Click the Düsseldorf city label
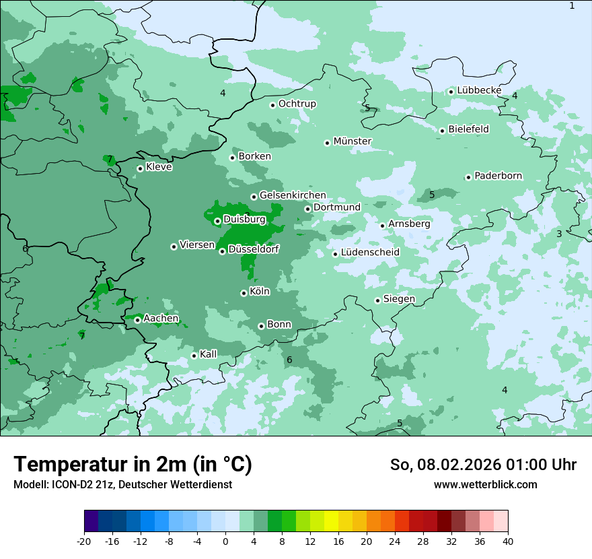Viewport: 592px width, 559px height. point(254,249)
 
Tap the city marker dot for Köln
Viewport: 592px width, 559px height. point(244,293)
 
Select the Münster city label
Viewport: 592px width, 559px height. point(353,141)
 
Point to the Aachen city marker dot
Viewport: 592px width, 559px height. point(137,320)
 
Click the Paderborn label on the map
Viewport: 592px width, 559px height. point(498,176)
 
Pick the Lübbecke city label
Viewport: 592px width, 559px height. point(479,90)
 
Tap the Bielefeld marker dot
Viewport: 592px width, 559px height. point(443,131)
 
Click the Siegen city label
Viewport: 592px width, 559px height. point(399,299)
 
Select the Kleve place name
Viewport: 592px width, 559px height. point(159,167)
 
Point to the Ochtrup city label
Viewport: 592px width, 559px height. point(297,104)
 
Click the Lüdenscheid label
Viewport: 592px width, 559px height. point(370,253)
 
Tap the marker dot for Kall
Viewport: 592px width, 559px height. point(194,356)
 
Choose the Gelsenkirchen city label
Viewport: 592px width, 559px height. point(293,195)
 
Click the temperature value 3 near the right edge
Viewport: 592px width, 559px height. point(559,234)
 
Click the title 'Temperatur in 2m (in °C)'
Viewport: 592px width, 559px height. point(133,465)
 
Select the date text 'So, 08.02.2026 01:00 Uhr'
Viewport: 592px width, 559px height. point(483,465)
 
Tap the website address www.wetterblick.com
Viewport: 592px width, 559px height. point(485,485)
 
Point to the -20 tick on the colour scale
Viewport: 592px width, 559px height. point(84,541)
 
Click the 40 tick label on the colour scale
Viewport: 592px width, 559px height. point(508,541)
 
